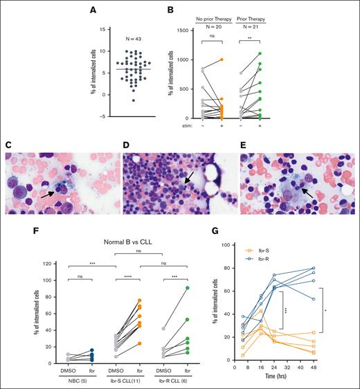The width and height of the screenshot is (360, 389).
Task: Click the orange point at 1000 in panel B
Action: (x=223, y=60)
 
